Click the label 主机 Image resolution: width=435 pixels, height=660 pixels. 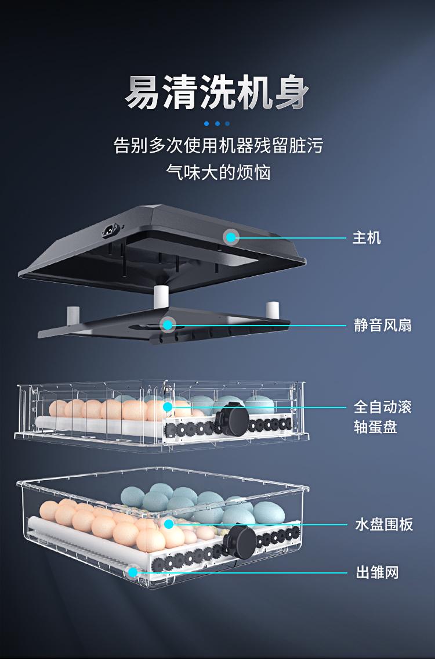[367, 237]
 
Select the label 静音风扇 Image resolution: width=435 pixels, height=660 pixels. [383, 325]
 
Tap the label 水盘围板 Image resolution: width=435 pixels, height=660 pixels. [384, 525]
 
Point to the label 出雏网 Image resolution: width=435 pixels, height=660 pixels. [377, 573]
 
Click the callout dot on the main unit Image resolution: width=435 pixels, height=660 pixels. [231, 237]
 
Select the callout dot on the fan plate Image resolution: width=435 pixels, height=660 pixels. [168, 324]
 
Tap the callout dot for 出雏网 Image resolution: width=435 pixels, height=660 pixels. [133, 573]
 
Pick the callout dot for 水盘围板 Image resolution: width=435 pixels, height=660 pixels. [169, 524]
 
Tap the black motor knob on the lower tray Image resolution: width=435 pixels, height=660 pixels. [240, 541]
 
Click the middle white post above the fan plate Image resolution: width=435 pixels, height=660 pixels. [161, 297]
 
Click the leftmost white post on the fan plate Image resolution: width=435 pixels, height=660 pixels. [72, 315]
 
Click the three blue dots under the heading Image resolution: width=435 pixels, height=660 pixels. [217, 124]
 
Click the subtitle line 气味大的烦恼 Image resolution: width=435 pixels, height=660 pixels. [218, 172]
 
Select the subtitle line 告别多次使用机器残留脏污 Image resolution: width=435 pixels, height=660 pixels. [218, 145]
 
